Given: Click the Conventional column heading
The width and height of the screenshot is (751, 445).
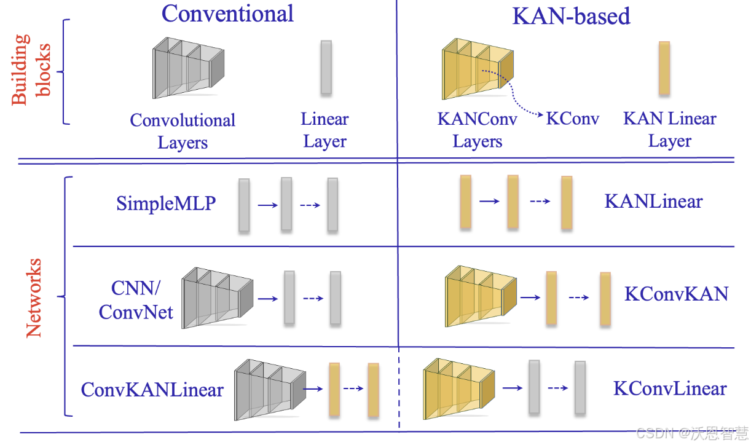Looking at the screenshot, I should (x=227, y=14).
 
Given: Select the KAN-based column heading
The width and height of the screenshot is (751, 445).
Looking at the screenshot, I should (x=571, y=16).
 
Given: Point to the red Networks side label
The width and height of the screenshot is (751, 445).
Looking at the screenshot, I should (x=33, y=298).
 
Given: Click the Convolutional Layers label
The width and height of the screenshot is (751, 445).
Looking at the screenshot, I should (x=183, y=131).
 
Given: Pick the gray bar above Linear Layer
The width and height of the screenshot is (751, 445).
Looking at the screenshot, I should (x=326, y=67).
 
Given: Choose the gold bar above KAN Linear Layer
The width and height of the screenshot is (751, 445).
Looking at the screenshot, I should (x=664, y=68).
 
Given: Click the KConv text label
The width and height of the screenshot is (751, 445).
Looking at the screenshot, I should (x=572, y=119).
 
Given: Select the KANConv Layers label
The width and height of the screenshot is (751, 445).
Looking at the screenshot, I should (x=478, y=130).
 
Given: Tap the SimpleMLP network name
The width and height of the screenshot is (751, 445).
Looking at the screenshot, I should (x=166, y=203).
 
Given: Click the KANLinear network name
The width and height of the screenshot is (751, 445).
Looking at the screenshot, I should (x=653, y=202).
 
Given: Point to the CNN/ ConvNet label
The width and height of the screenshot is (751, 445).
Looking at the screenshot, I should (x=136, y=300).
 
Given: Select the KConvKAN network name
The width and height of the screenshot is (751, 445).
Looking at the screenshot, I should (x=676, y=294).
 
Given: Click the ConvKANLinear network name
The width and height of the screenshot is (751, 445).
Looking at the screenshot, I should (x=152, y=389).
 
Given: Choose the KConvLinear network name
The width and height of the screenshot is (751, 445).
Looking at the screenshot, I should (x=670, y=388).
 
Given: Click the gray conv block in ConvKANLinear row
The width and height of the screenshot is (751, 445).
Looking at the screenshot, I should (x=269, y=388).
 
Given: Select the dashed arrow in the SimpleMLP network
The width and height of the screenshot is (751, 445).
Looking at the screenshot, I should (x=310, y=205).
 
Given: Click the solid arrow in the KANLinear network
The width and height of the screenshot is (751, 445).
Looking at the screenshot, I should (x=489, y=202).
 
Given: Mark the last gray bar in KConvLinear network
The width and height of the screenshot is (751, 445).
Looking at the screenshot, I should (x=580, y=387).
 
